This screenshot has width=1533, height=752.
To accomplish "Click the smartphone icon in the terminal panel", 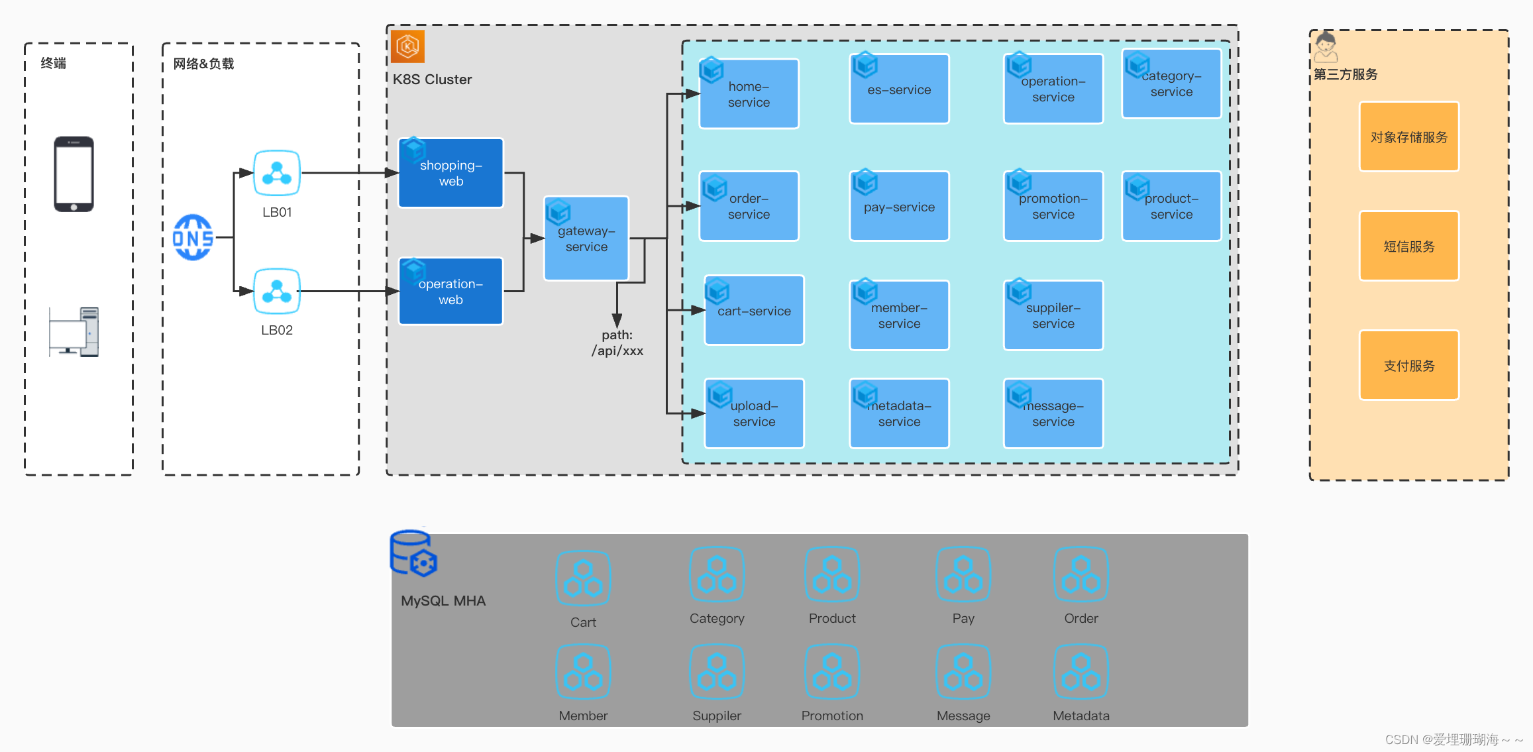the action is (x=74, y=174).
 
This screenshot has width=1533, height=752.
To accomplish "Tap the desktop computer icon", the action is (x=74, y=332).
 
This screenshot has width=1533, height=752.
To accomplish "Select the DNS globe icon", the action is (x=193, y=237).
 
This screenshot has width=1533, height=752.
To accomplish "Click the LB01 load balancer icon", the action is (x=277, y=173).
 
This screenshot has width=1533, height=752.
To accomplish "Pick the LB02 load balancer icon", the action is (x=277, y=291).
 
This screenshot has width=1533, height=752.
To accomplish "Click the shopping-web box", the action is (x=451, y=173).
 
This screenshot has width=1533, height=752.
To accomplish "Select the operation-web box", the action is (x=451, y=291).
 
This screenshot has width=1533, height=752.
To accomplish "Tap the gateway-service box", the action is (x=586, y=239).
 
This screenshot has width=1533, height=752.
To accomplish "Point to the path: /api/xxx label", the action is (x=617, y=343).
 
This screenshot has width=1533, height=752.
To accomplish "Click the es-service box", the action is (x=899, y=89).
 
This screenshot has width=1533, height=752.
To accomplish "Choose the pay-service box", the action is (x=899, y=206).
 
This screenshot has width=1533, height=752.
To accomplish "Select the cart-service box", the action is (x=754, y=310).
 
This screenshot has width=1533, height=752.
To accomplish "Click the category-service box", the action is (x=1171, y=83).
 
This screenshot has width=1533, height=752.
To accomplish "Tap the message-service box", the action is (x=1053, y=413).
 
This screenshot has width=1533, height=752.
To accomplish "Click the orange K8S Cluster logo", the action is (x=407, y=46).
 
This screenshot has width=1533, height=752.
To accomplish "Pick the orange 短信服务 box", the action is (x=1409, y=246).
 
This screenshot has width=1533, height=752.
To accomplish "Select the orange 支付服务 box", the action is (x=1409, y=365).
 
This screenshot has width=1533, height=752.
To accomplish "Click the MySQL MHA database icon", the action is (x=413, y=553).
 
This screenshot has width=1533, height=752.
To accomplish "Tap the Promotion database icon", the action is (x=832, y=672).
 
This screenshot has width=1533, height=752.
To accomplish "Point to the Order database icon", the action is (x=1081, y=574).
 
